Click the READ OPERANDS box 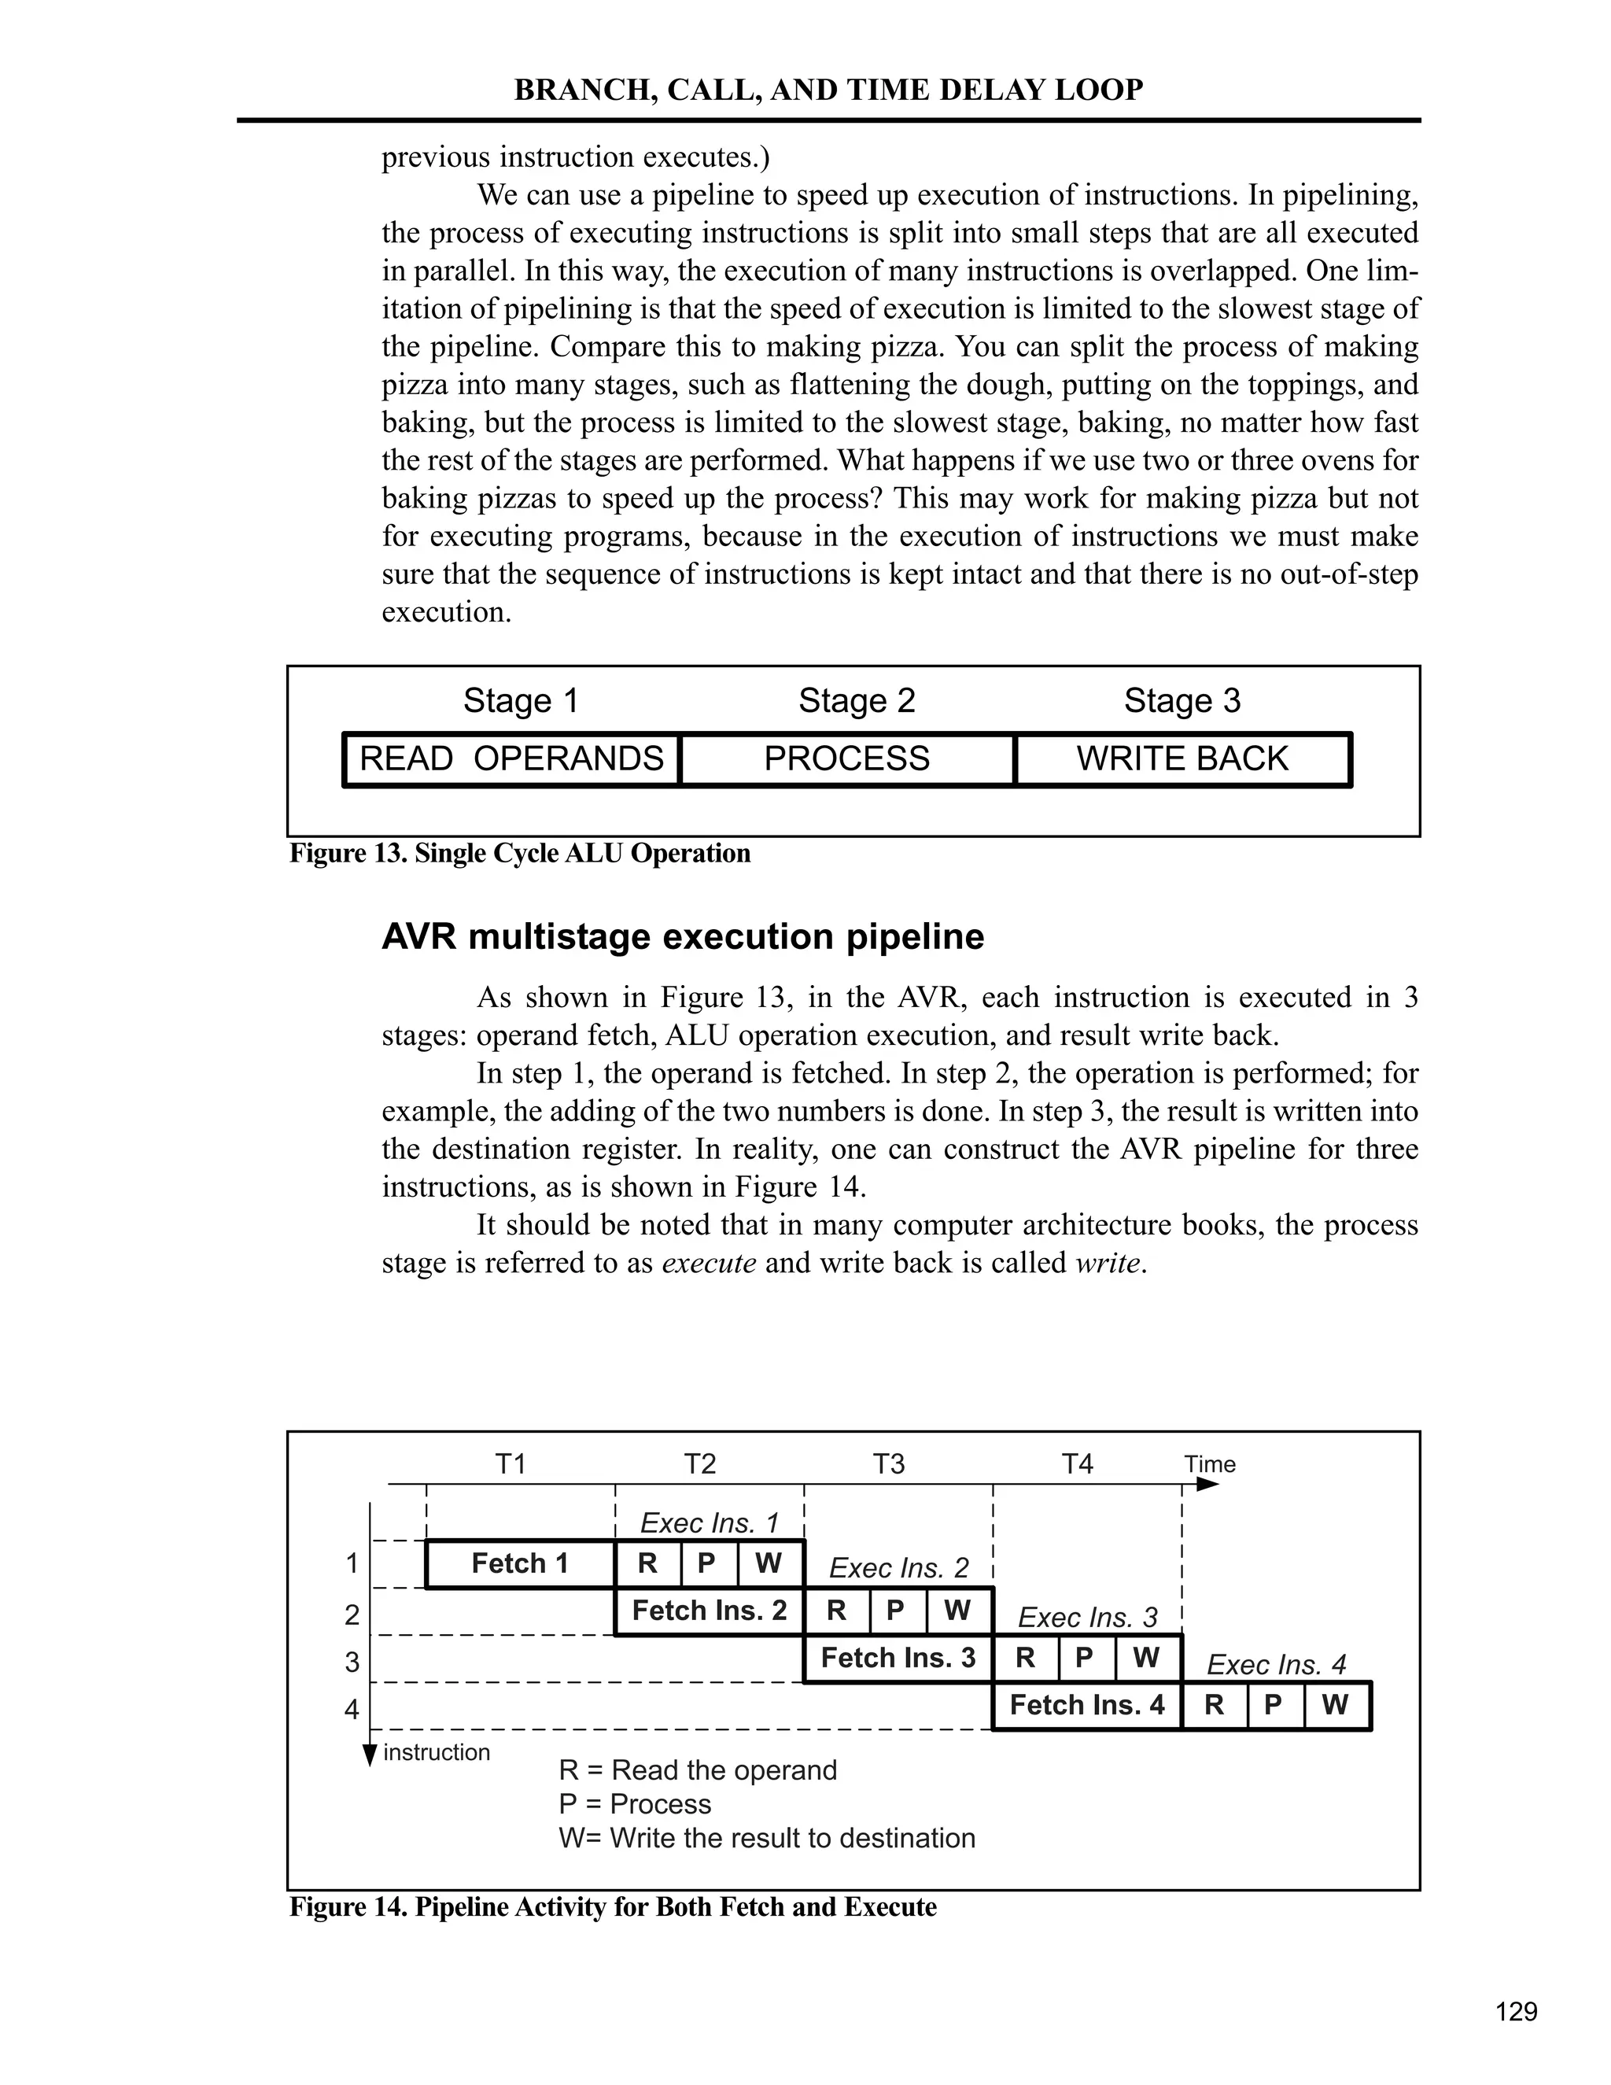[x=511, y=759]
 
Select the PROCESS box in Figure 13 [x=846, y=759]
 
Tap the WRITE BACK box [x=1182, y=759]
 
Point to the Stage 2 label [x=856, y=701]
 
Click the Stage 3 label [x=1182, y=701]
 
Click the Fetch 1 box [x=520, y=1564]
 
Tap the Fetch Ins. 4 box [x=1087, y=1705]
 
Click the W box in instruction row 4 [x=1335, y=1705]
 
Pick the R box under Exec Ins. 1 [x=648, y=1564]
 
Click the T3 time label [x=889, y=1464]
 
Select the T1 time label [x=511, y=1464]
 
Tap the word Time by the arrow [x=1209, y=1464]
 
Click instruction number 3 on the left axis [x=352, y=1662]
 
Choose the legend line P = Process [x=635, y=1804]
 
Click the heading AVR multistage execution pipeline [x=682, y=936]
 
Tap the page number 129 [x=1516, y=2013]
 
